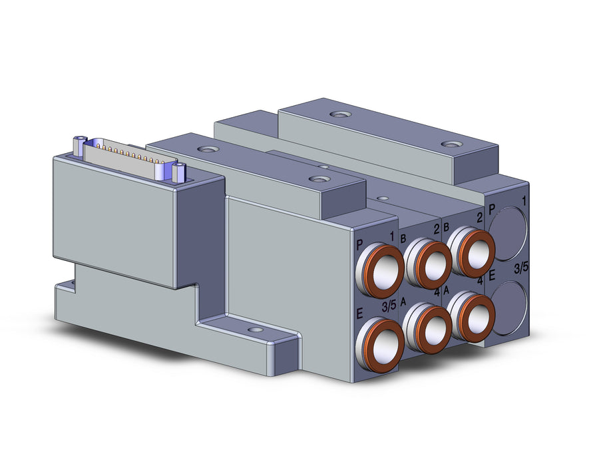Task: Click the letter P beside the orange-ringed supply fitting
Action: (360, 244)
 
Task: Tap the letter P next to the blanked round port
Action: (491, 210)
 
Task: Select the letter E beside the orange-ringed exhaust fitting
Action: (360, 314)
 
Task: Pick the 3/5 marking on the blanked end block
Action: (521, 268)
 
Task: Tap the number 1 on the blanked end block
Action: (524, 201)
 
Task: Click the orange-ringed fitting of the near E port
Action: (379, 340)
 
